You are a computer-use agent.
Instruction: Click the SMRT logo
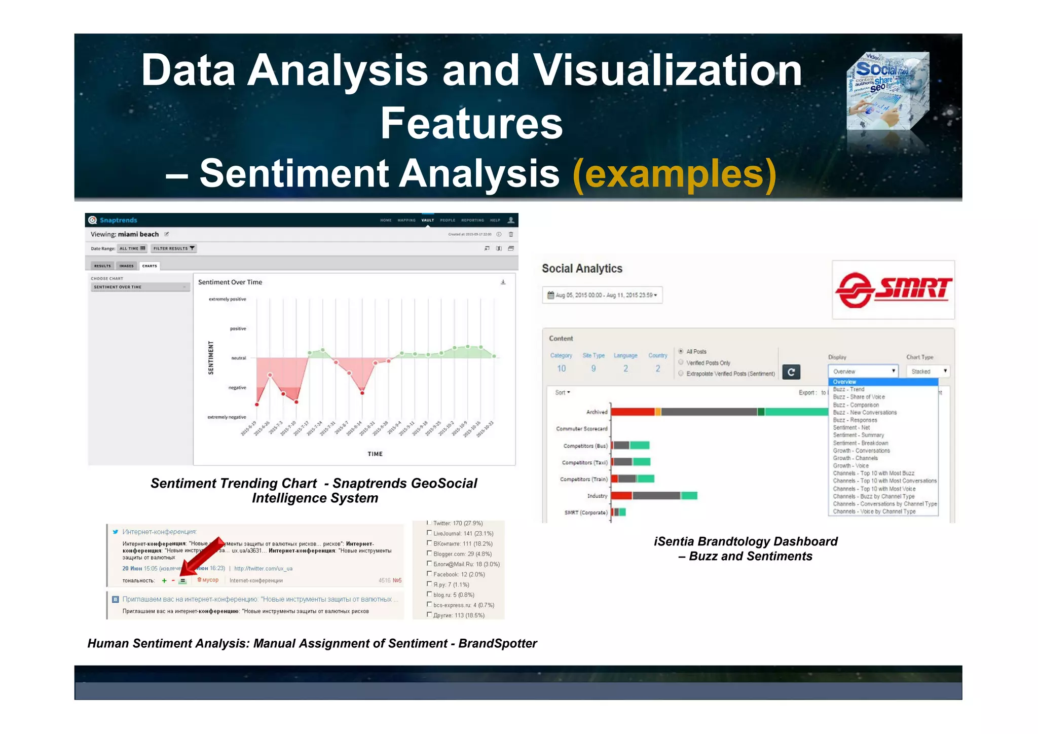[x=893, y=290]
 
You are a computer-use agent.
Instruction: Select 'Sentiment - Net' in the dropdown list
[x=851, y=428]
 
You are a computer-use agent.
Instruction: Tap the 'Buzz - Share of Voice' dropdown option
[x=859, y=397]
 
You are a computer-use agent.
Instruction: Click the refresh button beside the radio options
[x=791, y=372]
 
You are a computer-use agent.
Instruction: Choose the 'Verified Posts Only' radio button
[x=681, y=362]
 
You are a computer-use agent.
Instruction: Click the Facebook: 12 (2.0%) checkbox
[x=429, y=574]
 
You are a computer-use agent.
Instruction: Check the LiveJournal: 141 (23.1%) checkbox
[x=429, y=533]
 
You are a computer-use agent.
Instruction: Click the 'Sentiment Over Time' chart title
[x=230, y=282]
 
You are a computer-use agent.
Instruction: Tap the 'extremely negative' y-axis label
[x=227, y=417]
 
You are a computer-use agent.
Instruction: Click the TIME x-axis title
[x=375, y=454]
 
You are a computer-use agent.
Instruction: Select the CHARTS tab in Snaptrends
[x=150, y=266]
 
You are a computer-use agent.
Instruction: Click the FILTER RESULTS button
[x=173, y=248]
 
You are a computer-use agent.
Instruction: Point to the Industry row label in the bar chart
[x=597, y=496]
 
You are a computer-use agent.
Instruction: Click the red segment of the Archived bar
[x=633, y=412]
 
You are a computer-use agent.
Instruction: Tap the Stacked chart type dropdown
[x=928, y=372]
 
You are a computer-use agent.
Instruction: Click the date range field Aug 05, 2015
[x=602, y=295]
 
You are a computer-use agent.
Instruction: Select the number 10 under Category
[x=561, y=369]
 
